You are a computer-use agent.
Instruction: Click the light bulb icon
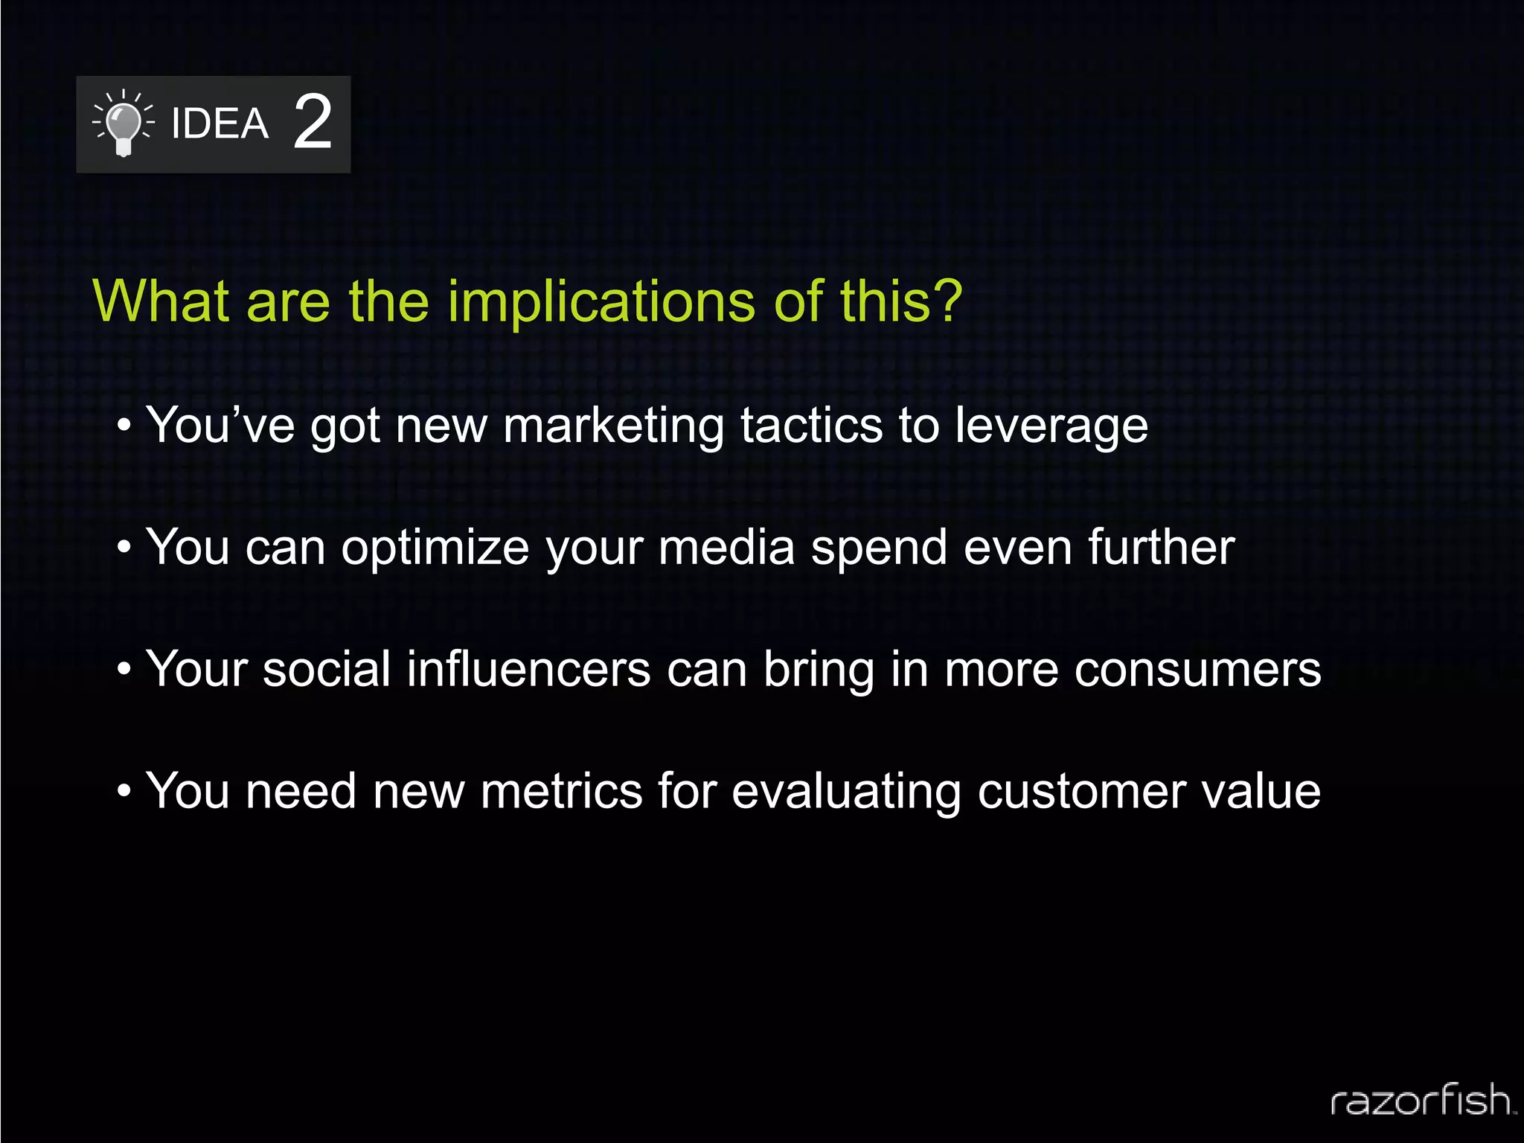tap(124, 123)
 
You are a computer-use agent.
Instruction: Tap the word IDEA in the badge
tap(220, 124)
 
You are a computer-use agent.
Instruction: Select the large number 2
tap(313, 122)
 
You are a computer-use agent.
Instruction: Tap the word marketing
tap(613, 426)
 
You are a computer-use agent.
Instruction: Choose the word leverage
tap(1051, 426)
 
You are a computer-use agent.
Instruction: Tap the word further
tap(1161, 547)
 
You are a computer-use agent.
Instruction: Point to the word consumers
tap(1197, 670)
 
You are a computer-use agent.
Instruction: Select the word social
tap(327, 669)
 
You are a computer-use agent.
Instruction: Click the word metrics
tap(561, 791)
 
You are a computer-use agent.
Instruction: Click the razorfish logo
tap(1422, 1101)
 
